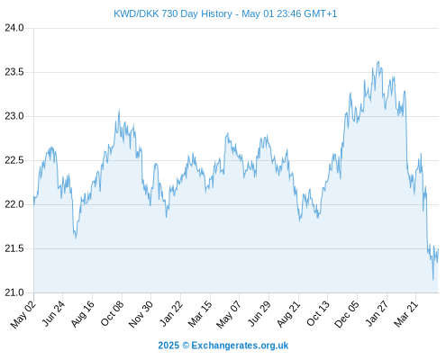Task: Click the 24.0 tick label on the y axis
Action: tap(14, 28)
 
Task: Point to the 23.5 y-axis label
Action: tap(14, 72)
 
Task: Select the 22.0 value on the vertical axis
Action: tap(14, 204)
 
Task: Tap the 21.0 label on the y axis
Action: tap(14, 292)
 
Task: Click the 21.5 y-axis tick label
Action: tap(14, 248)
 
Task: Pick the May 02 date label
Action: tap(23, 314)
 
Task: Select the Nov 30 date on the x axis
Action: tap(141, 314)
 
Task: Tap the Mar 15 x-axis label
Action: tap(200, 314)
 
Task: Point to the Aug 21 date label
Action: tap(288, 314)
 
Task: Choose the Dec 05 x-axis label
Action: tap(347, 314)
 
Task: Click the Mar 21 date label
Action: tap(406, 314)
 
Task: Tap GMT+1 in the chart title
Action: tap(321, 13)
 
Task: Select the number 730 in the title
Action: tap(169, 13)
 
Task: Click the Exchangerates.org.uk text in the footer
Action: tap(240, 346)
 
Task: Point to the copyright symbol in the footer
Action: tap(186, 346)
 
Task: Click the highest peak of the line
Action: tap(378, 62)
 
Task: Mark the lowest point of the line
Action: tap(432, 280)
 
